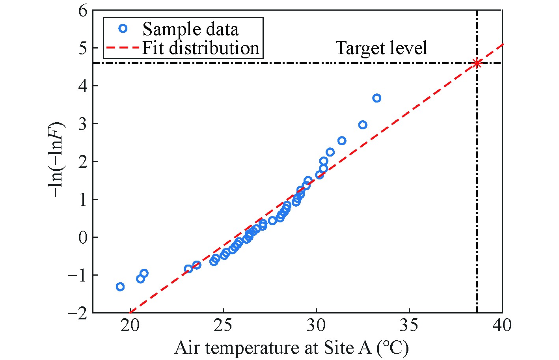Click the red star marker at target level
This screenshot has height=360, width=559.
(x=477, y=63)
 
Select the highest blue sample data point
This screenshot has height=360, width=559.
(x=376, y=98)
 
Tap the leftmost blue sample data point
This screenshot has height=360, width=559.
(x=120, y=287)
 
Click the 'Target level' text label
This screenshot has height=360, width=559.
(x=381, y=48)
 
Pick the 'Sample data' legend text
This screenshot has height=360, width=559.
(x=190, y=29)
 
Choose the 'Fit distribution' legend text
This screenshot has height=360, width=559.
(x=200, y=48)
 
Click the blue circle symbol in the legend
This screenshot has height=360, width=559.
(x=123, y=28)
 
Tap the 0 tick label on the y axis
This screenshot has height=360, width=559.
(x=82, y=237)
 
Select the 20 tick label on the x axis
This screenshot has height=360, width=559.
(x=130, y=326)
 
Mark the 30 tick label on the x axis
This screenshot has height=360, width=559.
(x=316, y=326)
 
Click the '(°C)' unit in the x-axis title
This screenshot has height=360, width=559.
(x=392, y=348)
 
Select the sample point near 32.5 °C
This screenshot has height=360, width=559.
(x=363, y=125)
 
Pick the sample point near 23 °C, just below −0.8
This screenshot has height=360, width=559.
(x=188, y=269)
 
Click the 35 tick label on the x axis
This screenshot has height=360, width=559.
(x=409, y=326)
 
